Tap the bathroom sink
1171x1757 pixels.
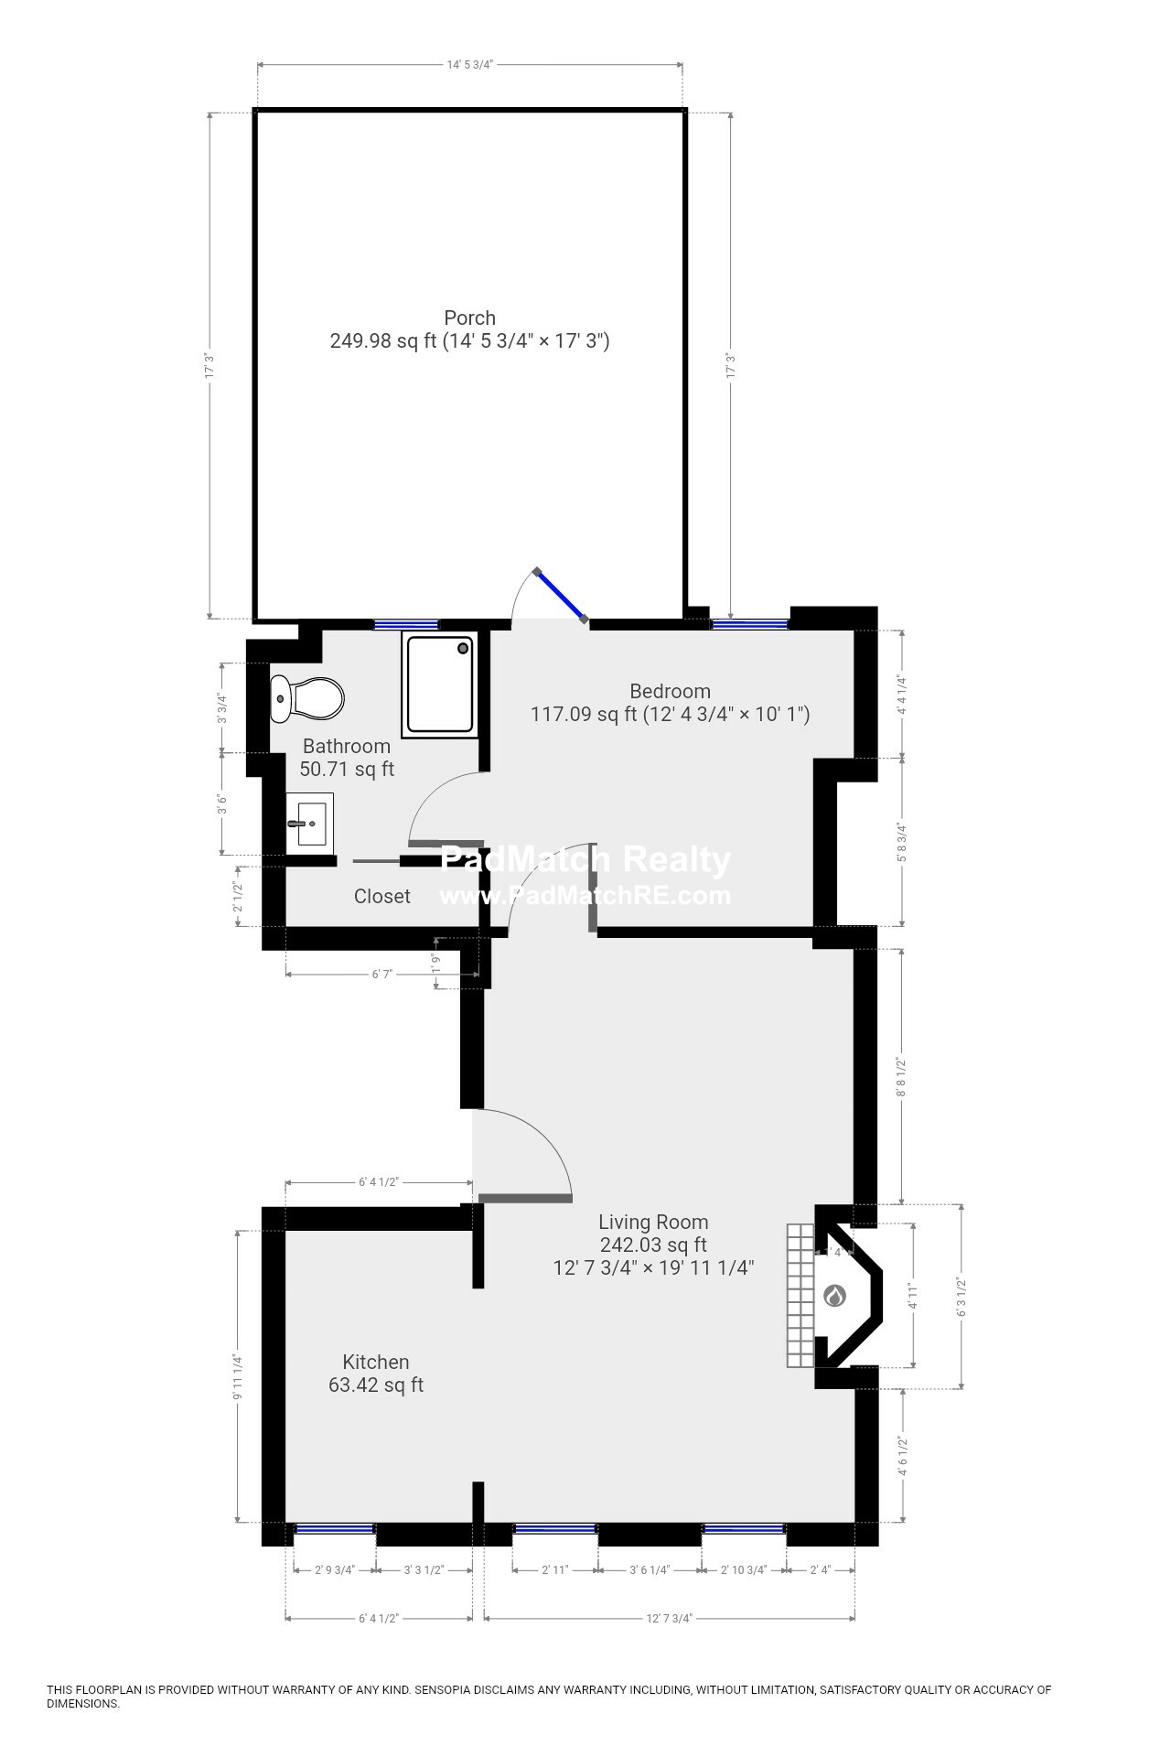point(308,821)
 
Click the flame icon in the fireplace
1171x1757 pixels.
point(835,1295)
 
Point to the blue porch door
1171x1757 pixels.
point(561,596)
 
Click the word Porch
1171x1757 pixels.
point(469,318)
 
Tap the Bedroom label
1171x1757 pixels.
point(670,691)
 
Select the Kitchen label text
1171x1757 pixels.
point(375,1362)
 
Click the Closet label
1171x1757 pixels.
point(382,897)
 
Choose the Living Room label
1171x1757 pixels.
point(653,1222)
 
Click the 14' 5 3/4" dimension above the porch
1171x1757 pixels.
point(470,65)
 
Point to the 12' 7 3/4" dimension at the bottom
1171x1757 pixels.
point(670,1618)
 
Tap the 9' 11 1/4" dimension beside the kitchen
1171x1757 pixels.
point(238,1376)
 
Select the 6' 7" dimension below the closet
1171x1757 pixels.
point(381,974)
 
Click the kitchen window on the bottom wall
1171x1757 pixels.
point(334,1528)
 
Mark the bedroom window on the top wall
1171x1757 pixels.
point(749,624)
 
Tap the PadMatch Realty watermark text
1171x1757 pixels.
point(585,860)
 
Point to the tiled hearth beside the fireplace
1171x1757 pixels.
point(800,1295)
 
